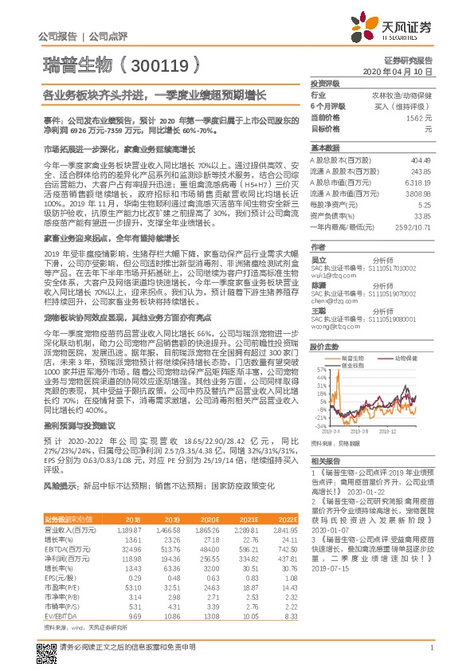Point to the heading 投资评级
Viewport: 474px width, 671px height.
[324, 83]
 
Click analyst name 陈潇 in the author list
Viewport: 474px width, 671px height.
[319, 284]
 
